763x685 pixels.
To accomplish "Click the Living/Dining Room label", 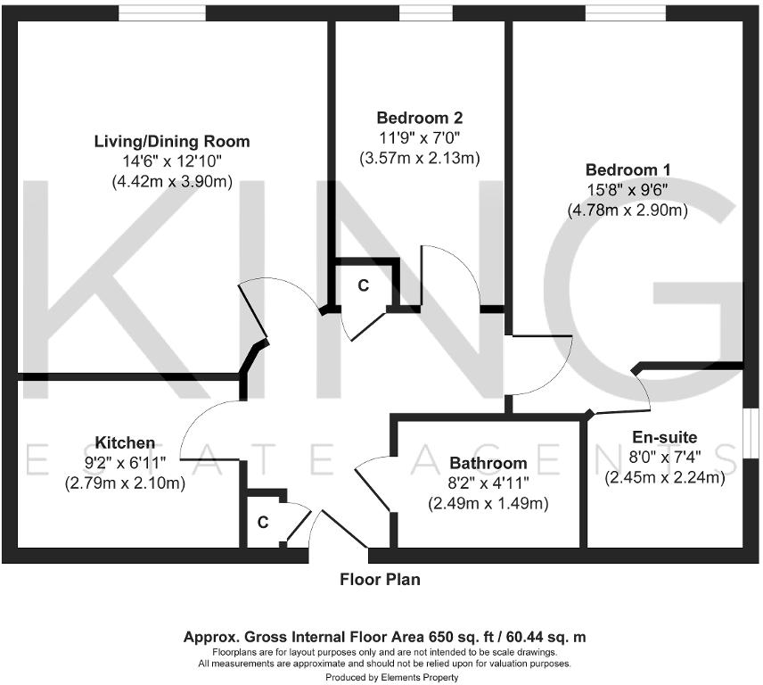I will [172, 141].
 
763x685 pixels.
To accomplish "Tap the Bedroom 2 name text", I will [419, 118].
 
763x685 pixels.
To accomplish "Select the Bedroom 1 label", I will [628, 169].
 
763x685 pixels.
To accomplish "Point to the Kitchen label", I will [125, 443].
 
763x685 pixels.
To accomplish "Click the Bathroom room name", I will [488, 463].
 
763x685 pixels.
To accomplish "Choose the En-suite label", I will [664, 437].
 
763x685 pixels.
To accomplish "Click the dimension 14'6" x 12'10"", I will [172, 161].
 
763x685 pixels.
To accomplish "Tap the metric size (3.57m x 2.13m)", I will [419, 159].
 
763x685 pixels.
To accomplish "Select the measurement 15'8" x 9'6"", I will [628, 190].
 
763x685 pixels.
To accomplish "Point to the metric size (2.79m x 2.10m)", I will [125, 484].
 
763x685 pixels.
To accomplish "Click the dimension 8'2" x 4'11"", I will [488, 483].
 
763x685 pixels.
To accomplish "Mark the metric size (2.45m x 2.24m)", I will [664, 478].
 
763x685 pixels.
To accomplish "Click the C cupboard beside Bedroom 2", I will [363, 285].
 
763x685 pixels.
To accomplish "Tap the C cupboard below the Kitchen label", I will [263, 523].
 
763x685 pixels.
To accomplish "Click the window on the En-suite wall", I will [751, 433].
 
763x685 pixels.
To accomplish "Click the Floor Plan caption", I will [380, 580].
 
